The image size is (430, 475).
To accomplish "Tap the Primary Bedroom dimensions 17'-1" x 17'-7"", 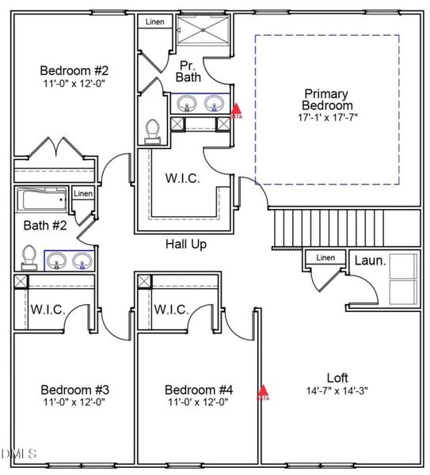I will click(x=325, y=116).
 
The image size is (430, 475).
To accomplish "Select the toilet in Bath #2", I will click(x=29, y=256).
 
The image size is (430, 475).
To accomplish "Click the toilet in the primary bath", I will click(x=154, y=131).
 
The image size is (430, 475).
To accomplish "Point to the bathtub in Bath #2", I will click(x=43, y=199).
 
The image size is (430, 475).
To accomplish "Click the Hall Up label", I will click(x=185, y=245).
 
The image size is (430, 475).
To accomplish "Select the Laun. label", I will click(x=369, y=260).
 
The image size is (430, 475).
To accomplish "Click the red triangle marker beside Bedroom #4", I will click(x=263, y=391).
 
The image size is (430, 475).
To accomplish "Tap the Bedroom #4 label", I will click(x=198, y=390).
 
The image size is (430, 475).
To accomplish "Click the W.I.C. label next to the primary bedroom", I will click(x=182, y=178).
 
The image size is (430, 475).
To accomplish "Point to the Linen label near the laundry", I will click(x=325, y=258).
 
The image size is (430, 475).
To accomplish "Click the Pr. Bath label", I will click(x=188, y=70).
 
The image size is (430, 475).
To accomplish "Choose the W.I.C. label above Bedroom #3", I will click(x=47, y=310).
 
